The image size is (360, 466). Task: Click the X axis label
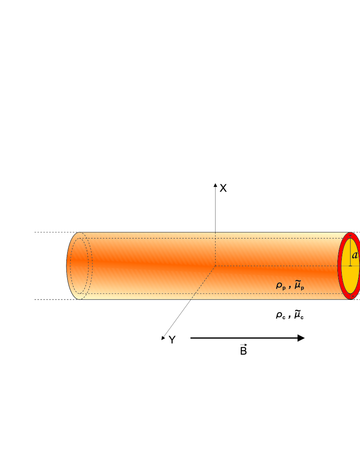[x=223, y=188]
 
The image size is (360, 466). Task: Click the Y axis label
[x=172, y=340]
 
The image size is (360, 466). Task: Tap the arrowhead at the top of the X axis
[x=215, y=185]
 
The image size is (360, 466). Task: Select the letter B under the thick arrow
[x=243, y=351]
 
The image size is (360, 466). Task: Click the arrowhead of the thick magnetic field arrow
[x=301, y=338]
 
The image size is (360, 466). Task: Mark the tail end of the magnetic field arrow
[x=191, y=338]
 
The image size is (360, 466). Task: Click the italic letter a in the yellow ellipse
[x=355, y=255]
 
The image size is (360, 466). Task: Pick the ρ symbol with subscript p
[x=280, y=286]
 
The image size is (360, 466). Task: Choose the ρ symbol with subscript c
[x=280, y=315]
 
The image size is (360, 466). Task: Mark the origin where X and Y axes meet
[x=215, y=266]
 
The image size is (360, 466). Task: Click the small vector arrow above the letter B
[x=243, y=345]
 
